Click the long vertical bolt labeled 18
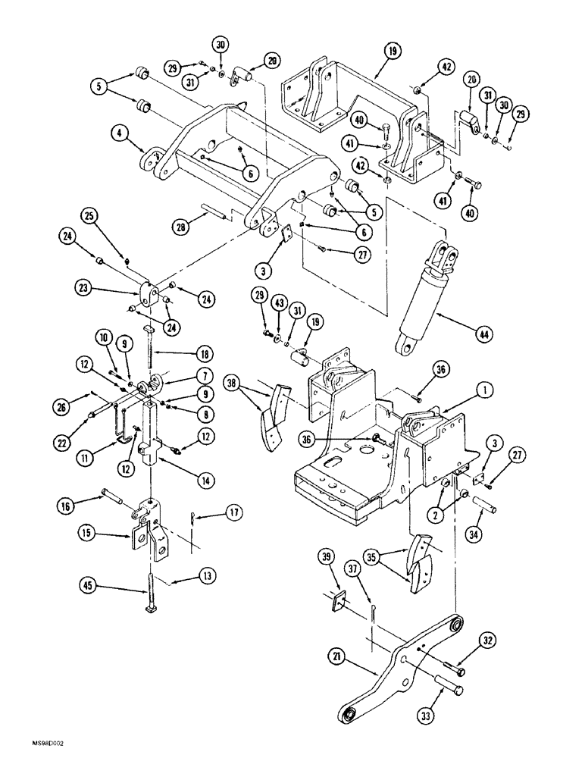(x=150, y=350)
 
